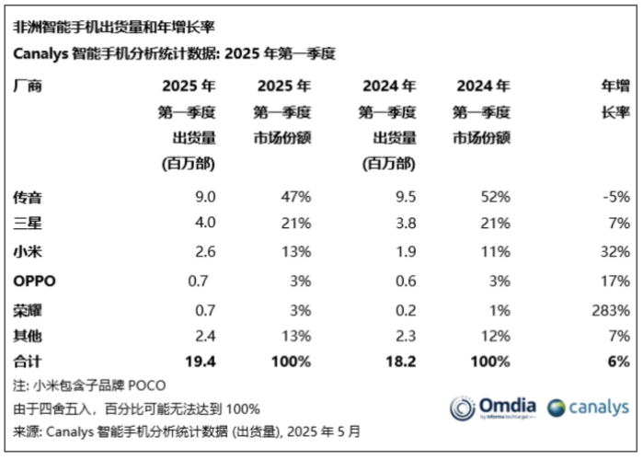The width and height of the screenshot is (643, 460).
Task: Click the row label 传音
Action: (x=29, y=197)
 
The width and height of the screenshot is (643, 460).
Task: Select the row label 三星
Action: (x=29, y=224)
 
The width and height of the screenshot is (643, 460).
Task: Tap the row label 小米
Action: (x=29, y=251)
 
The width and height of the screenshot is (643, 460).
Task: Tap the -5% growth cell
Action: (x=614, y=197)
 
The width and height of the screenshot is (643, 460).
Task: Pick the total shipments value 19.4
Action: (x=200, y=362)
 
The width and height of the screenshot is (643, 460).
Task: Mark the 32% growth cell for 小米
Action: (x=614, y=251)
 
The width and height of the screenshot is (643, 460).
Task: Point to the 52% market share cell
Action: (x=496, y=197)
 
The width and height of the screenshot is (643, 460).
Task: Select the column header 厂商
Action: (x=29, y=87)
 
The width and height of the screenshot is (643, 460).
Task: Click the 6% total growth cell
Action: (x=618, y=362)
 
